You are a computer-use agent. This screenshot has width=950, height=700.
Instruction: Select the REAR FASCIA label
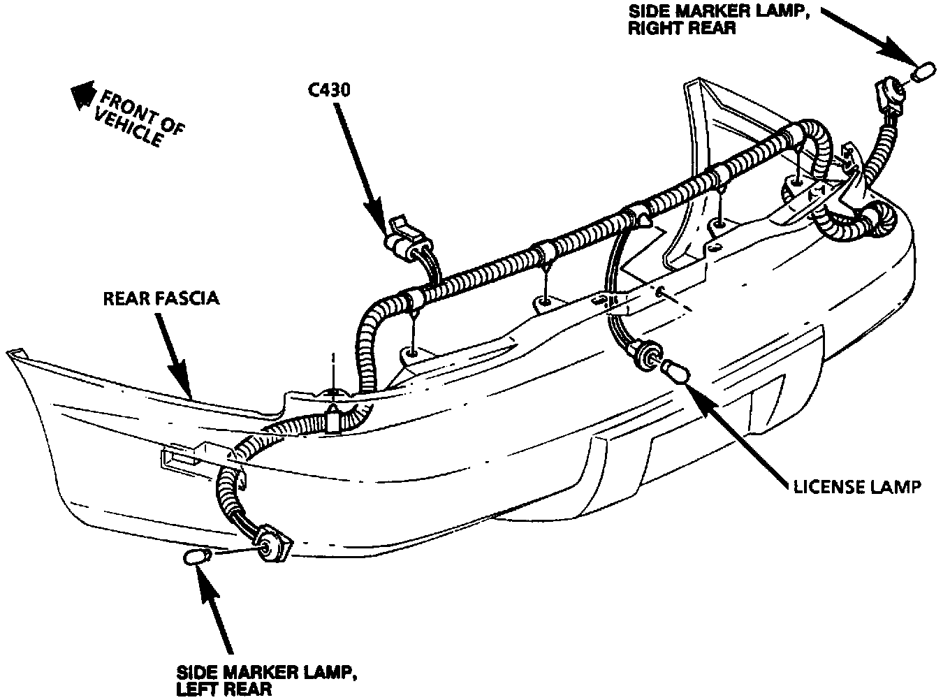point(161,298)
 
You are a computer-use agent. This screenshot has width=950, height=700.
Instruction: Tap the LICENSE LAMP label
point(856,486)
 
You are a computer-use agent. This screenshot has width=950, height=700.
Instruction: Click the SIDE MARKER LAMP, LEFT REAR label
point(267,680)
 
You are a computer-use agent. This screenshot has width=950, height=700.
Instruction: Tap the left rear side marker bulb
point(196,557)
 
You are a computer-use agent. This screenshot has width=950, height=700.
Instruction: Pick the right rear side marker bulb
point(923,71)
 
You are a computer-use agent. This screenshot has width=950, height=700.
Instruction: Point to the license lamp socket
point(648,353)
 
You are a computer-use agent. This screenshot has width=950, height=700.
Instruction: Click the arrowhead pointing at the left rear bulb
point(205,576)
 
